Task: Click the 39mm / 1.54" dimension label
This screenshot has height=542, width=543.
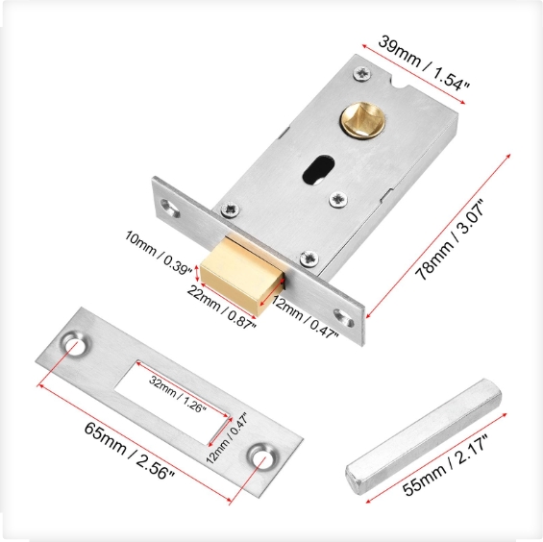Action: (423, 63)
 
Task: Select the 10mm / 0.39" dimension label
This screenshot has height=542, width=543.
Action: (159, 252)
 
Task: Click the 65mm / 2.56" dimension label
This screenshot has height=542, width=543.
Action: (129, 451)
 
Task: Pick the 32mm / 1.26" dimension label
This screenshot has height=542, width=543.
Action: (178, 394)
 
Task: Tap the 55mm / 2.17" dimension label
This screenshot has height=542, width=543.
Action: (445, 465)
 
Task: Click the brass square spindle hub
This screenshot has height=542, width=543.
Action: (362, 120)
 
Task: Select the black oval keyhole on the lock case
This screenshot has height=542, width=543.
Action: (319, 169)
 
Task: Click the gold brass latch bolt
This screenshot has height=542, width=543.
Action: (242, 274)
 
